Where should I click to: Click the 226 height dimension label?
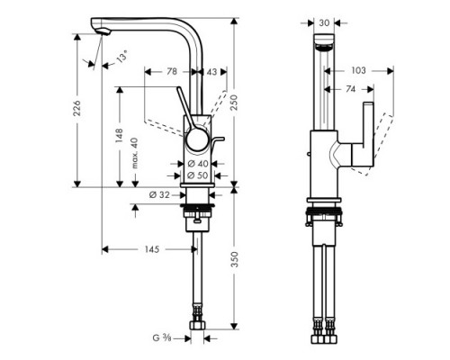(x=77, y=109)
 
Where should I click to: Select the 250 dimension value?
(x=237, y=104)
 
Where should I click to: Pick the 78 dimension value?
(x=172, y=71)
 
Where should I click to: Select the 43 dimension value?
(x=211, y=71)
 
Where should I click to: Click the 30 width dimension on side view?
(x=324, y=22)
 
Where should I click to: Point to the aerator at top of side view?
(x=324, y=43)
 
